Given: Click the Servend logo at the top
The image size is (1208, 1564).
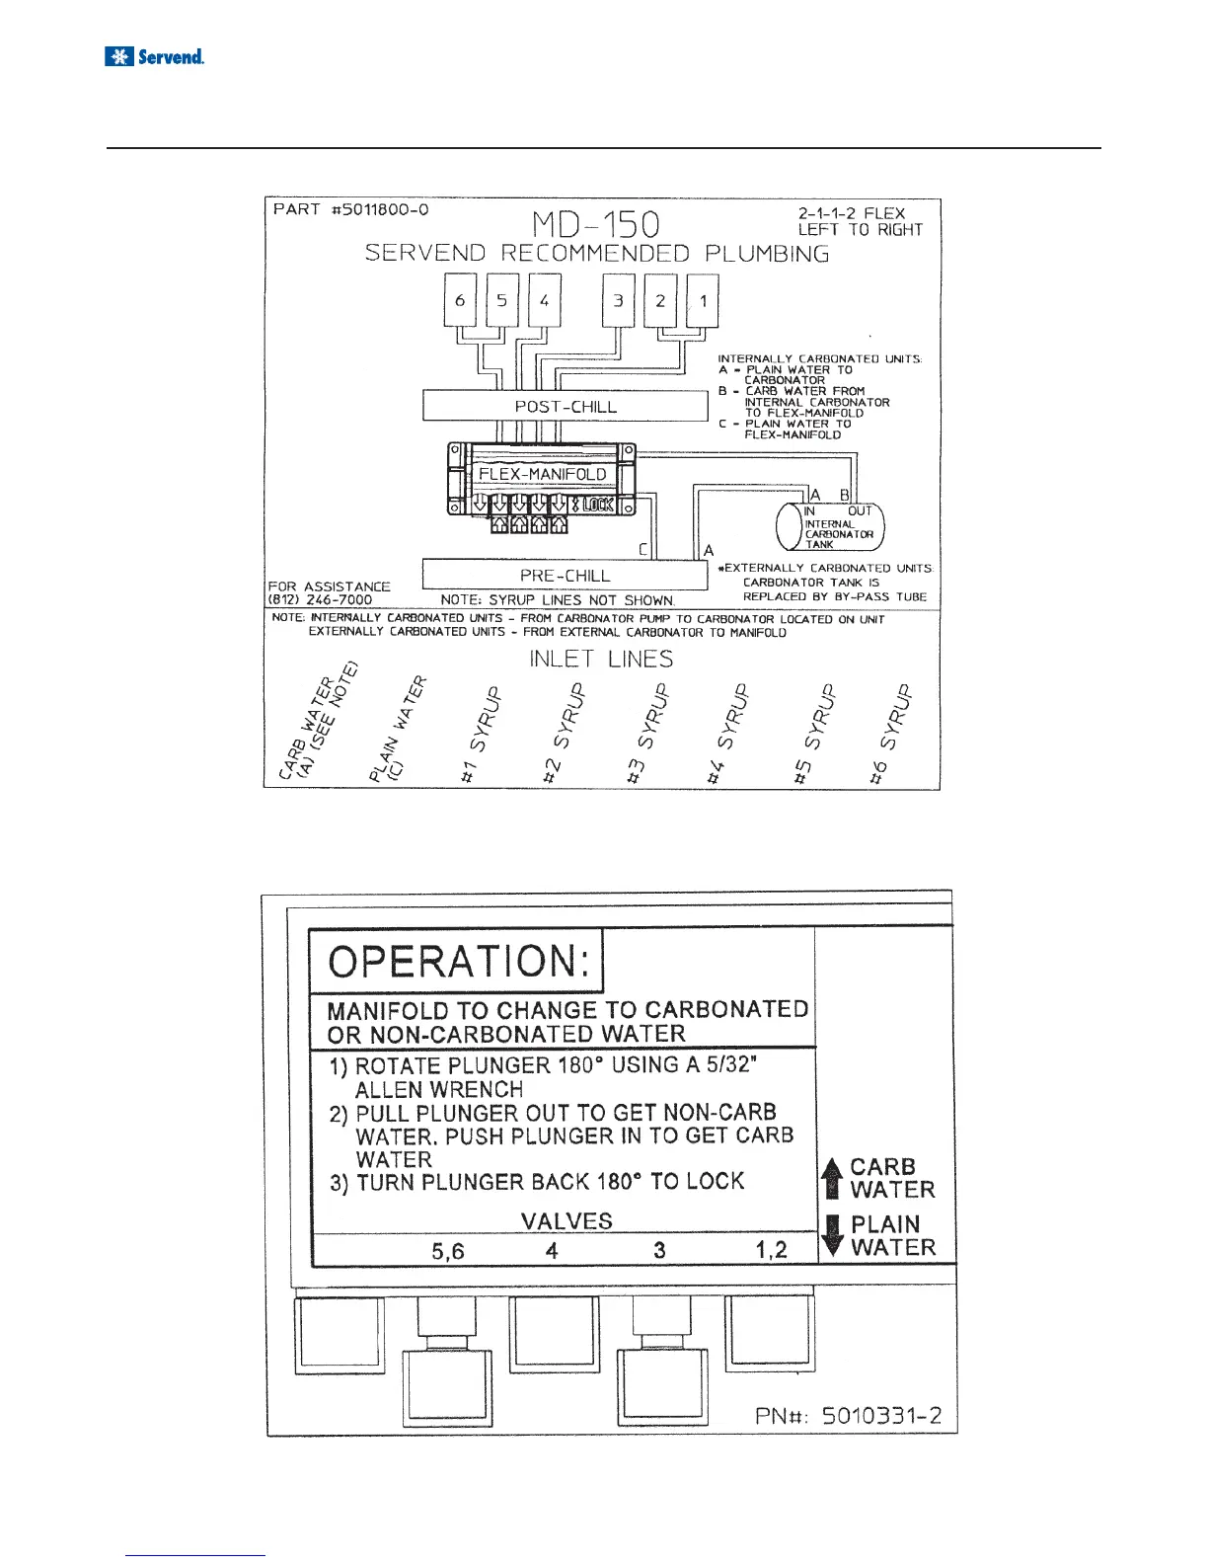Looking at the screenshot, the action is (x=155, y=57).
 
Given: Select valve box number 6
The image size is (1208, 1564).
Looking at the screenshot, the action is (x=460, y=300).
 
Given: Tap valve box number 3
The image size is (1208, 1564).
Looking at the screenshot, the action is (x=619, y=300).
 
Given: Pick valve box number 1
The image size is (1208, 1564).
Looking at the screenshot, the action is (x=703, y=300).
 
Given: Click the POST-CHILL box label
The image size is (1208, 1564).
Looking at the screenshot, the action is (x=566, y=407).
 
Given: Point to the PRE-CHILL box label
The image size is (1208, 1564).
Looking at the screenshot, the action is (x=566, y=575).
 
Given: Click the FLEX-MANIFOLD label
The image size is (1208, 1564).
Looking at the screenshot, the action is (x=542, y=474).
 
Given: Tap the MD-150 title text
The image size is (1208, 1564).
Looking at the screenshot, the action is (x=595, y=225).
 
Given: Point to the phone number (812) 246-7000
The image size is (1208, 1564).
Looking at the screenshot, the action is (x=320, y=599).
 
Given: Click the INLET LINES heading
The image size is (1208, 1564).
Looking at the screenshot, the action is (x=601, y=659).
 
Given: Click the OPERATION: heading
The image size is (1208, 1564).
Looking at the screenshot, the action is (x=455, y=962).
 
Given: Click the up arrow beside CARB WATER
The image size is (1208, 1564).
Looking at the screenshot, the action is (x=833, y=1178).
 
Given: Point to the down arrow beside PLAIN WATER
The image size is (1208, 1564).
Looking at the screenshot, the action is (x=833, y=1235).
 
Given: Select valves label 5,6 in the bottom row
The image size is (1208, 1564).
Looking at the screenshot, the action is (x=448, y=1251).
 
